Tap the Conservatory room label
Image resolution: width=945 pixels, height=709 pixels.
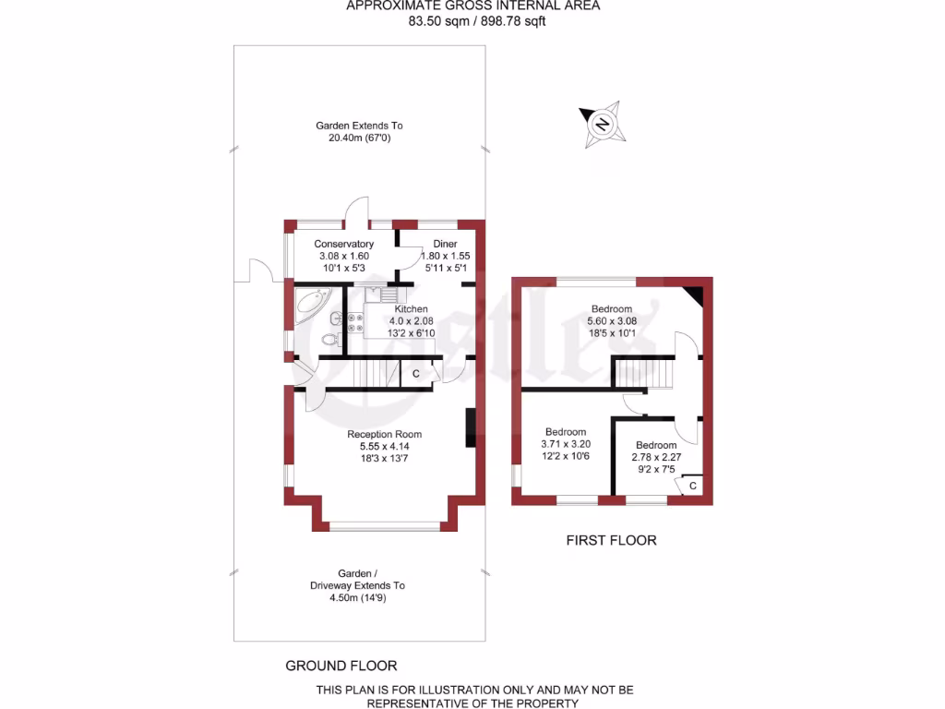(343, 244)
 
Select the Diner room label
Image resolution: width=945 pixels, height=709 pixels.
(433, 244)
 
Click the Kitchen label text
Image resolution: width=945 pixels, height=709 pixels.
(411, 308)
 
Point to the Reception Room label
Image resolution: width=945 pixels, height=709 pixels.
(384, 434)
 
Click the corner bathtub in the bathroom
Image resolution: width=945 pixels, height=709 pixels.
(312, 304)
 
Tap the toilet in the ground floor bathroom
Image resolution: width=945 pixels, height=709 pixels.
(329, 340)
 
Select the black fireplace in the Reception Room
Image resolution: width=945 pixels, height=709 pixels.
(471, 427)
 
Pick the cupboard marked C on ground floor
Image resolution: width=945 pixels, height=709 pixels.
(415, 374)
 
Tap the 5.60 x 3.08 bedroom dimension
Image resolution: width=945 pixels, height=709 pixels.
(612, 321)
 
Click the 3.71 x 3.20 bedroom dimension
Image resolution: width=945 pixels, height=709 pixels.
(565, 444)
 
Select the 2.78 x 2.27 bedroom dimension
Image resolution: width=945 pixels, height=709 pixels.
(656, 456)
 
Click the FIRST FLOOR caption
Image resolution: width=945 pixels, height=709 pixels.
(611, 540)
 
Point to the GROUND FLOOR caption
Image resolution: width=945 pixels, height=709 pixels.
(341, 665)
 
